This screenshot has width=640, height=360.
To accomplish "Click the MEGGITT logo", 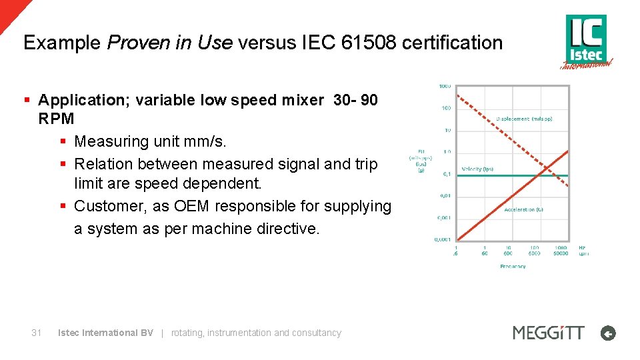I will (x=548, y=332).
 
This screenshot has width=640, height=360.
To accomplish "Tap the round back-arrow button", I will (x=608, y=333).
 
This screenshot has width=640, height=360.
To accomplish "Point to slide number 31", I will (x=37, y=333).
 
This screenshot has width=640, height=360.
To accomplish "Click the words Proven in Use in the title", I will (x=169, y=43).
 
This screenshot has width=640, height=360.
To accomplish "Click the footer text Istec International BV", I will (x=105, y=333).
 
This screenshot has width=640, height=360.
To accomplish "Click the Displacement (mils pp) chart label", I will (x=524, y=119).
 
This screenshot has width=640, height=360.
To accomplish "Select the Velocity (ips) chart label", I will (x=478, y=169).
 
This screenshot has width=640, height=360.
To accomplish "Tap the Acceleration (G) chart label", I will (x=523, y=209).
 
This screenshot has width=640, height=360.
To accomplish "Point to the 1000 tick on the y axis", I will (x=445, y=86).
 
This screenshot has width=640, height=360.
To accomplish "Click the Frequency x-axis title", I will (x=513, y=266).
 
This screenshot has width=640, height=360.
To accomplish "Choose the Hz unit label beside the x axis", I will (x=583, y=247).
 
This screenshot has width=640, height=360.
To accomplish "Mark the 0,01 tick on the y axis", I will (x=444, y=195).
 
